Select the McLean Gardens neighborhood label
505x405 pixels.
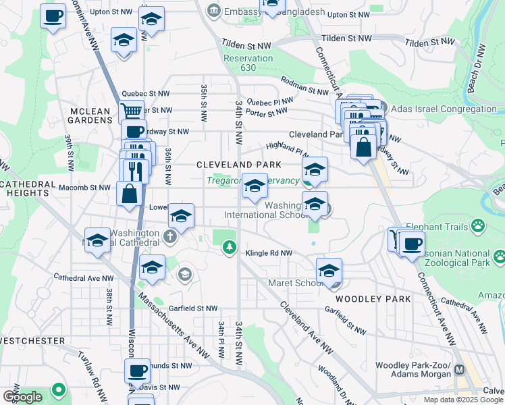[x=90, y=114]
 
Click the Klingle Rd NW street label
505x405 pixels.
[x=269, y=253]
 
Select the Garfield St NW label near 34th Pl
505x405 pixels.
[x=194, y=308]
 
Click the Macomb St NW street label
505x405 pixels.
[x=84, y=188]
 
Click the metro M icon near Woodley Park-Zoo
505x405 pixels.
[x=460, y=369]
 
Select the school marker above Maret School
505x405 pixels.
[x=329, y=271]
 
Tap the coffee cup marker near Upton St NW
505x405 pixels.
[x=53, y=16]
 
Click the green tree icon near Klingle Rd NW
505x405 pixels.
[x=230, y=248]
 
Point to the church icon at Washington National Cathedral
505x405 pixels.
[x=170, y=236]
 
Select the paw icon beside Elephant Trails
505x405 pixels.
[x=478, y=225]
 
